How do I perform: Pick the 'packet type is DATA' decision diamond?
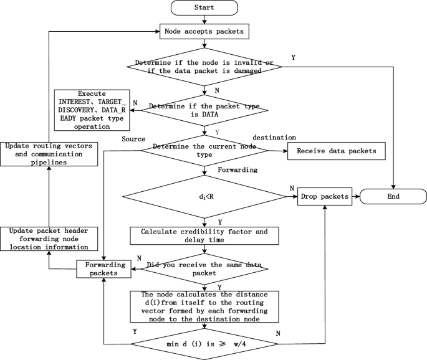(204, 111)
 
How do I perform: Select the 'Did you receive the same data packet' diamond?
(204, 269)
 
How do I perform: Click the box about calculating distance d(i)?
(204, 306)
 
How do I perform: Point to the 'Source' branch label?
(133, 138)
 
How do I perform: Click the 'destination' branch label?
(274, 138)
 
